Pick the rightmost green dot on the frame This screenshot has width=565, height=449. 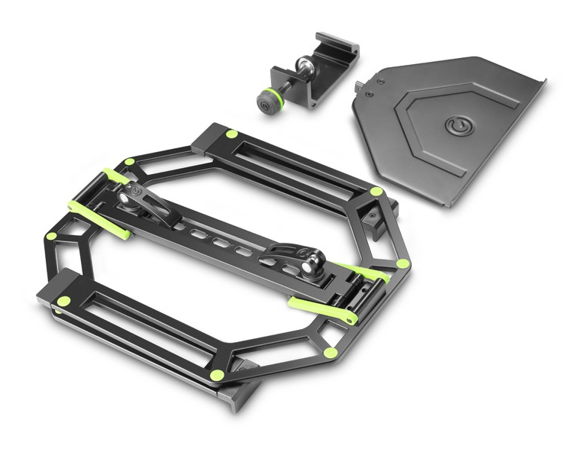tap(402, 264)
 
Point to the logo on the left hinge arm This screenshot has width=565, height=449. tap(137, 190)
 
